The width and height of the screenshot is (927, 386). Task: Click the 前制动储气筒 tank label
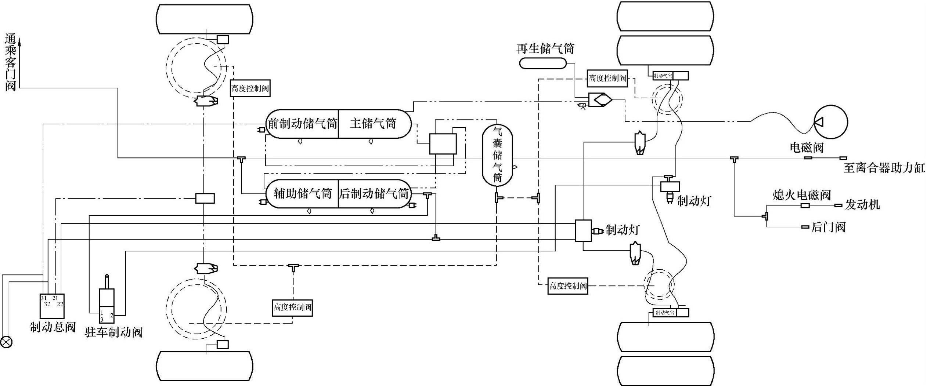[x=302, y=124]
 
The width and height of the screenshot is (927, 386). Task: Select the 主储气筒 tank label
[x=373, y=124]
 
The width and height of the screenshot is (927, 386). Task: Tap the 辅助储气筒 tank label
[x=303, y=193]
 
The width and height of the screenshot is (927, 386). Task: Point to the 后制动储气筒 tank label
[x=374, y=193]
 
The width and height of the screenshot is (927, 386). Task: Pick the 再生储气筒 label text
[x=545, y=48]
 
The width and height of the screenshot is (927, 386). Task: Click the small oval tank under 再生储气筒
[x=543, y=63]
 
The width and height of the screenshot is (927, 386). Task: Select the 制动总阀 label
[x=53, y=327]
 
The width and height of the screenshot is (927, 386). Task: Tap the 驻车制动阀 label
[x=113, y=332]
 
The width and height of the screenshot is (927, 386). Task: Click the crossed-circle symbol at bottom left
[x=6, y=342]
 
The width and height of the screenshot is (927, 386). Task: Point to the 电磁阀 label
[x=807, y=148]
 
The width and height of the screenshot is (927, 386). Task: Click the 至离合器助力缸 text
[x=883, y=168]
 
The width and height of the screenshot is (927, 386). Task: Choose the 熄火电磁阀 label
[x=801, y=195]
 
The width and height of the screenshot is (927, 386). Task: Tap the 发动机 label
[x=862, y=204]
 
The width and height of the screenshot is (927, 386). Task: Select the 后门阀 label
[x=828, y=227]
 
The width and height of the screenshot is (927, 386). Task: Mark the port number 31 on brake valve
[x=44, y=298]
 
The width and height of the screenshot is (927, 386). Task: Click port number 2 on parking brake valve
[x=112, y=315]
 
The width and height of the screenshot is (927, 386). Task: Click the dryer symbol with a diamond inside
[x=600, y=100]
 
